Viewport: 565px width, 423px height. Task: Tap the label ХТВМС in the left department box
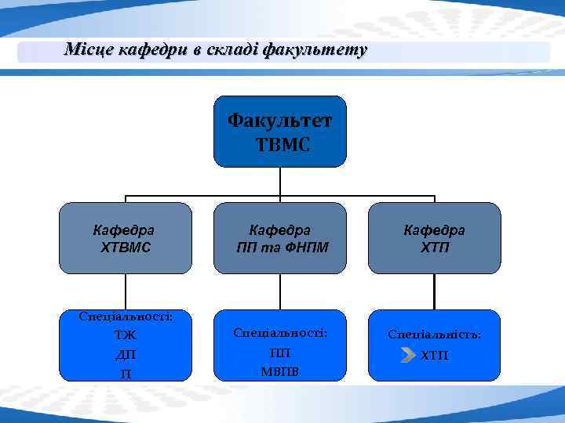126,248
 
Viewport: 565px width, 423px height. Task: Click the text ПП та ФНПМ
281,248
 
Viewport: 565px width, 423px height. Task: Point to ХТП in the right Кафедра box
434,248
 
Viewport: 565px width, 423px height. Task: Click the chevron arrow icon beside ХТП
407,356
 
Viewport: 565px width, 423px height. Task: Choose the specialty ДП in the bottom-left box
126,355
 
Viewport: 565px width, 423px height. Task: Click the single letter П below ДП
126,373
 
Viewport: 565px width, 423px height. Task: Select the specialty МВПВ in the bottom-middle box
279,371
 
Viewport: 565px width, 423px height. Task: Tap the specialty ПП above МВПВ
279,352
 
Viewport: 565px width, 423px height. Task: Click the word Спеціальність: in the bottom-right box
434,334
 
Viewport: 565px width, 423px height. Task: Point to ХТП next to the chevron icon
435,356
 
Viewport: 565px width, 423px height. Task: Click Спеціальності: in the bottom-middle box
279,333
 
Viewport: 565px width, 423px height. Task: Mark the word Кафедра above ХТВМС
124,230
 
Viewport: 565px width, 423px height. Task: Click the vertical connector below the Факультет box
280,181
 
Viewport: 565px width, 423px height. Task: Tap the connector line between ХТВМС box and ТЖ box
126,291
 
